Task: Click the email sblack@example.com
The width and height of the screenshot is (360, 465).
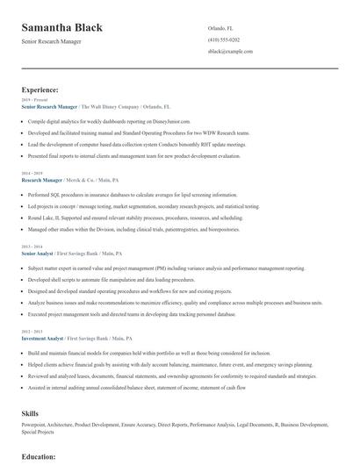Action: [x=230, y=52]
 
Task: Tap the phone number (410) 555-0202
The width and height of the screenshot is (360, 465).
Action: [x=224, y=39]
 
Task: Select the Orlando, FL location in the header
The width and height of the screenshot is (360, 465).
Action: [x=220, y=28]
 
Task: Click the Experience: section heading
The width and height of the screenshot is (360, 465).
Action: [x=40, y=89]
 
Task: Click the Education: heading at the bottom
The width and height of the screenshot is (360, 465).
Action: [x=39, y=457]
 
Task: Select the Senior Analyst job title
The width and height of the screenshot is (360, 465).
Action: [x=40, y=252]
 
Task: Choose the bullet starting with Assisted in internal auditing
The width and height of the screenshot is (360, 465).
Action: [x=135, y=387]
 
